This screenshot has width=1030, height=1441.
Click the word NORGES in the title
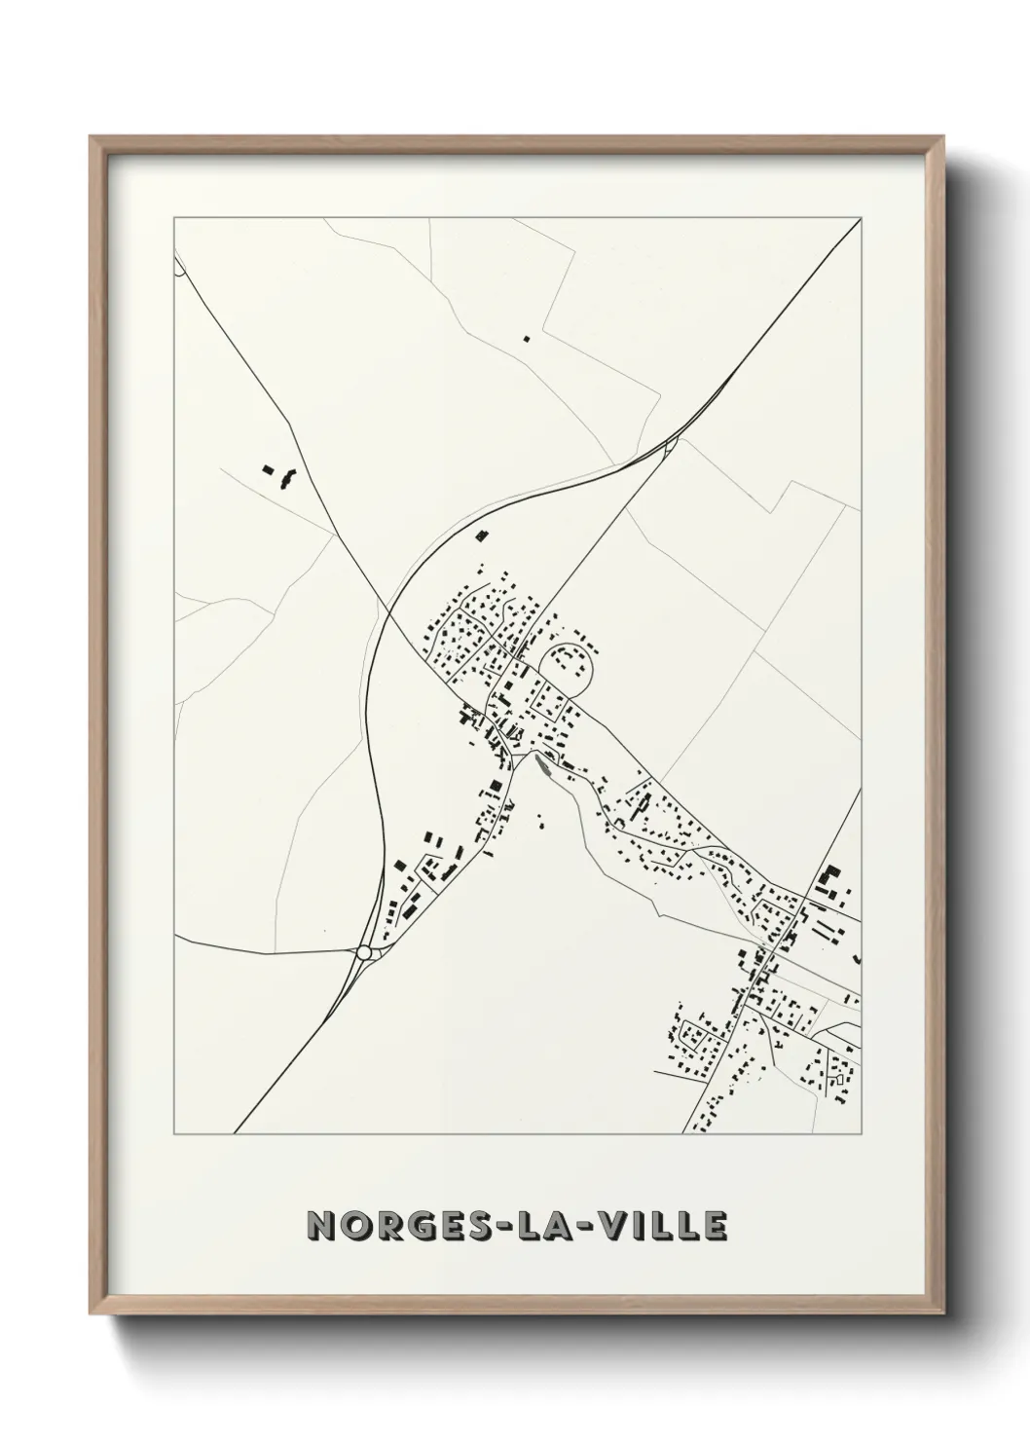pos(390,1226)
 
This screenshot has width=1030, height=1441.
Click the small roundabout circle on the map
pos(365,953)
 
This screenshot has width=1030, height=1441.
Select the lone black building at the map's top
pos(527,339)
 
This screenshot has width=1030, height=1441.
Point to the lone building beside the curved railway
pos(479,533)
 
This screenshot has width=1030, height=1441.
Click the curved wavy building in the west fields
pos(286,478)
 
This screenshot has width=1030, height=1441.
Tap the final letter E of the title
pos(716,1226)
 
